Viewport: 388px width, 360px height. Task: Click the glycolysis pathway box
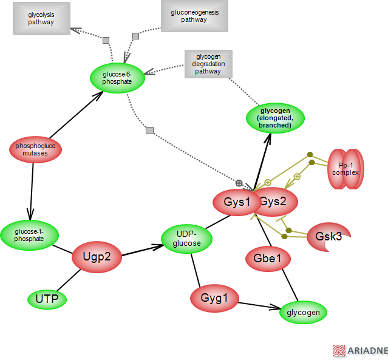point(41,18)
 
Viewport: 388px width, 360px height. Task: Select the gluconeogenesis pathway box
point(194,16)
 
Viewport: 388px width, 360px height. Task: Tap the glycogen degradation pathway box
point(208,63)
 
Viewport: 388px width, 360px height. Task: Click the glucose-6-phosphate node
point(117,78)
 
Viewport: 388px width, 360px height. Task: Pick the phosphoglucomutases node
point(36,150)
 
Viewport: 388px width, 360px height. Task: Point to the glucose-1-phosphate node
point(29,234)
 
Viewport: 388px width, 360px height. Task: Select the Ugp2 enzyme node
point(97,257)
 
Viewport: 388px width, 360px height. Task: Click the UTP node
point(47,299)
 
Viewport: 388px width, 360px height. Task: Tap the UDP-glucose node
point(186,239)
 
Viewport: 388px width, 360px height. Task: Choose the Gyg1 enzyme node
point(214,298)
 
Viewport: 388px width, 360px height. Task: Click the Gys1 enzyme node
point(237,202)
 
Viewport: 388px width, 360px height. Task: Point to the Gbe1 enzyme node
point(268,259)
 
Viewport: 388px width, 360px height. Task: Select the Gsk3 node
point(328,236)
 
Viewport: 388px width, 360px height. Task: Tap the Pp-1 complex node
point(345,169)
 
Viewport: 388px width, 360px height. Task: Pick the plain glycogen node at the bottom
point(303,313)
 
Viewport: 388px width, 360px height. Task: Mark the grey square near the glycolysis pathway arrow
point(106,40)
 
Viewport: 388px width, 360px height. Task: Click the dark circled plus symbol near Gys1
point(239,183)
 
